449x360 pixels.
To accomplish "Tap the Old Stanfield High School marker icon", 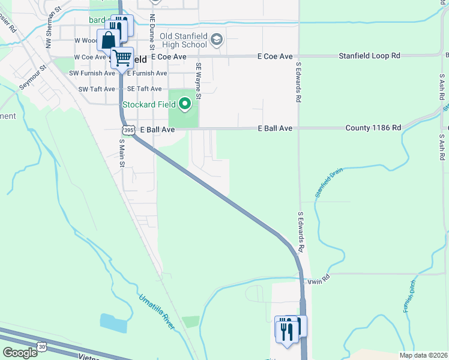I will (217, 40).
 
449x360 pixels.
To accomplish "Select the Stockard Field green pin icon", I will (185, 104).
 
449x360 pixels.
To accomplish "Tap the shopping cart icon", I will (122, 58).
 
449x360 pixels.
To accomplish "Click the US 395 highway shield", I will (128, 130).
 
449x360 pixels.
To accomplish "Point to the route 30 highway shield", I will (41, 346).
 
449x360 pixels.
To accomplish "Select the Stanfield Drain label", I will (328, 184).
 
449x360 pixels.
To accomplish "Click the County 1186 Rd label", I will (373, 128).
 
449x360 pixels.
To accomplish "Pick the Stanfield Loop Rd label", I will (369, 56).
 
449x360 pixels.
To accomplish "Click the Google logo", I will (20, 352).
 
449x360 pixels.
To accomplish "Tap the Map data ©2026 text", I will (423, 355).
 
